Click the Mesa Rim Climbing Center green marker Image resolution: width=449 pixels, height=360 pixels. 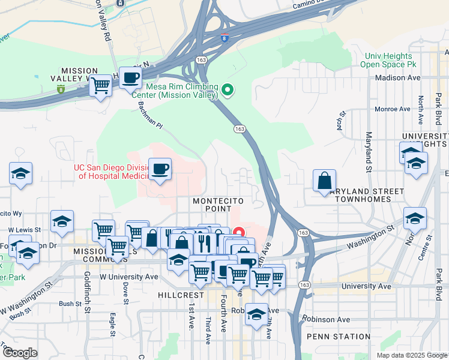pyautogui.click(x=228, y=91)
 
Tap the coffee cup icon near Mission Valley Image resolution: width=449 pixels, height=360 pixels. pyautogui.click(x=130, y=77)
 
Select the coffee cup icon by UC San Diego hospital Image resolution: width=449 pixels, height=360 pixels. pyautogui.click(x=160, y=169)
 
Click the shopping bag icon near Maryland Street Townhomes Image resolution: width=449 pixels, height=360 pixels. pyautogui.click(x=324, y=180)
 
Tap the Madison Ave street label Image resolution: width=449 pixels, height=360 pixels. pyautogui.click(x=397, y=78)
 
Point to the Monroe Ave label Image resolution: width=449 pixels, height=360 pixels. pyautogui.click(x=393, y=109)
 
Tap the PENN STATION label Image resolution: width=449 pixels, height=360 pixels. pyautogui.click(x=339, y=337)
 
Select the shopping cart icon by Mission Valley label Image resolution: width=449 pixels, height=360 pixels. pyautogui.click(x=100, y=85)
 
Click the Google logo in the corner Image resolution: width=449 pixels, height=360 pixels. pyautogui.click(x=20, y=353)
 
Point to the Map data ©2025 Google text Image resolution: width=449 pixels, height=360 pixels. pyautogui.click(x=411, y=355)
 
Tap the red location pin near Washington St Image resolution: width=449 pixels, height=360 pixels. pyautogui.click(x=239, y=232)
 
